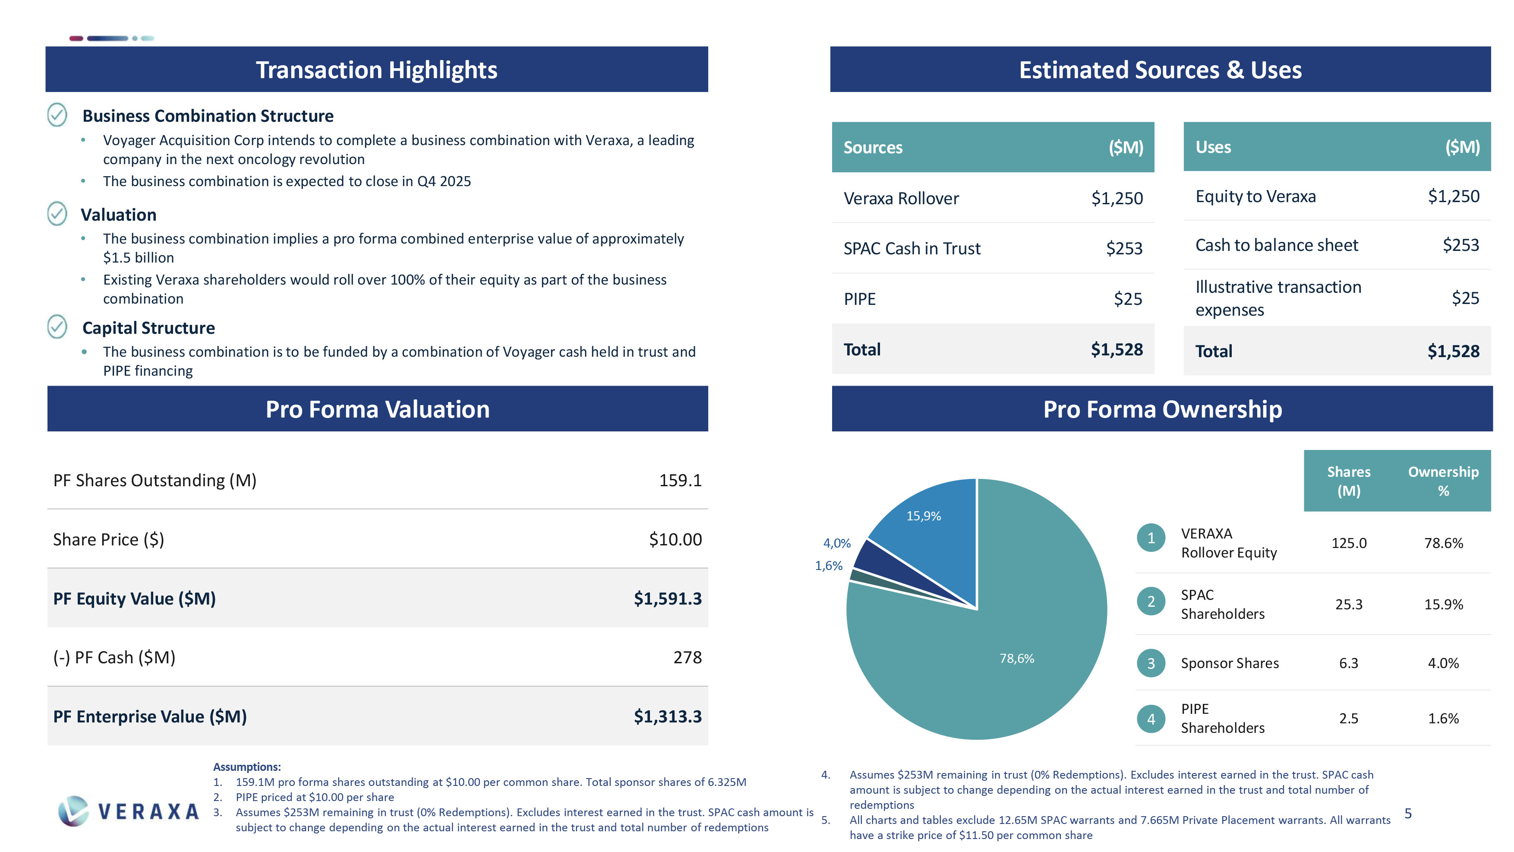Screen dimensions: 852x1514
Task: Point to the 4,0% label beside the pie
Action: (x=836, y=543)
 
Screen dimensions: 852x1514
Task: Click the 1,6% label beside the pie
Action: (x=828, y=566)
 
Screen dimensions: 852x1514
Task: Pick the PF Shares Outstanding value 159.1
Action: (x=680, y=480)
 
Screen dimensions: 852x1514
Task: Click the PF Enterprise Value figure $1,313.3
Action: (x=667, y=716)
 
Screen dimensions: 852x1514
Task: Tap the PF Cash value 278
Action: (x=687, y=657)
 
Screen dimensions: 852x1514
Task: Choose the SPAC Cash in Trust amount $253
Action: (x=1124, y=248)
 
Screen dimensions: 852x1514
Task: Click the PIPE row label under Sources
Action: (x=859, y=299)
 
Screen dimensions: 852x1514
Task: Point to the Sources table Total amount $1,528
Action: (x=1117, y=350)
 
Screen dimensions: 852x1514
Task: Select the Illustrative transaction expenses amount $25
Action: (x=1465, y=298)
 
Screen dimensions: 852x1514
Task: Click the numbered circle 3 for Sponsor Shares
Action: (x=1151, y=663)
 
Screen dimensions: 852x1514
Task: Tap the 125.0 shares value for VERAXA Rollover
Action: (x=1348, y=543)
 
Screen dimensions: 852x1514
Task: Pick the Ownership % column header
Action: (x=1443, y=481)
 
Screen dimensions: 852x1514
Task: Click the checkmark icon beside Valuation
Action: (x=57, y=213)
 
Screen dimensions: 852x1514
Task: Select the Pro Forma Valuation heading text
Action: (x=377, y=409)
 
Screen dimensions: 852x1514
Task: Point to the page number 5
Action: (x=1408, y=813)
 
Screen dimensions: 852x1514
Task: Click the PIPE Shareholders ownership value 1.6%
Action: (x=1443, y=719)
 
